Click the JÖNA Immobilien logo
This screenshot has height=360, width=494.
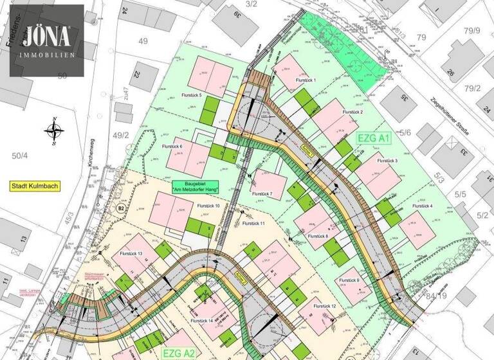click(46, 40)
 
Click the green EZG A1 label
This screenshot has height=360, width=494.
click(374, 138)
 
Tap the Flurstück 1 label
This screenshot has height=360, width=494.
click(307, 80)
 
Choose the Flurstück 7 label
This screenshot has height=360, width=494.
click(262, 194)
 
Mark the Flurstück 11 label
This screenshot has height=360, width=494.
click(254, 223)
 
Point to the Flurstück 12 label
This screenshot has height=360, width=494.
click(325, 305)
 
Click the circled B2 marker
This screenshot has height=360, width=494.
click(120, 208)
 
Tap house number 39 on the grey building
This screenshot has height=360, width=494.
click(237, 15)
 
